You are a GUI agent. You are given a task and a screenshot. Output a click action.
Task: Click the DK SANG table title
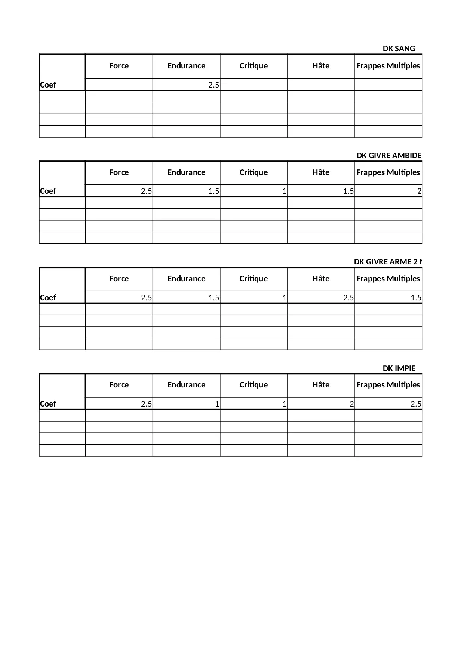click(399, 49)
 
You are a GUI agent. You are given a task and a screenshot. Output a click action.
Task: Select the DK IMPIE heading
click(399, 368)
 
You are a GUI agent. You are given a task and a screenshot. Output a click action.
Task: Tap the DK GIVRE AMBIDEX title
click(389, 156)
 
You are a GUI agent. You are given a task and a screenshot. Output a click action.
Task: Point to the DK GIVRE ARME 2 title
click(388, 262)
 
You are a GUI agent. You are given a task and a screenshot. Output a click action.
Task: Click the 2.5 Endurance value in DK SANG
click(213, 85)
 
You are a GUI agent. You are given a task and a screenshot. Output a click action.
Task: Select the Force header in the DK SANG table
click(119, 66)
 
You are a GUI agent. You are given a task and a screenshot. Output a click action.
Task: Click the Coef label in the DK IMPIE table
click(48, 404)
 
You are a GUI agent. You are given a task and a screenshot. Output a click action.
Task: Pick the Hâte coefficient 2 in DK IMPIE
click(351, 404)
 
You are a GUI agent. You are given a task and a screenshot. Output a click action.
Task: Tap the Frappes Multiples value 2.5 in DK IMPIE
click(416, 404)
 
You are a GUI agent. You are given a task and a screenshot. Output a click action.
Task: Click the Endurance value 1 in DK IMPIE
click(217, 404)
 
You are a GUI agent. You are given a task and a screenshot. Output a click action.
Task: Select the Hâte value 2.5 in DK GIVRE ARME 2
click(348, 298)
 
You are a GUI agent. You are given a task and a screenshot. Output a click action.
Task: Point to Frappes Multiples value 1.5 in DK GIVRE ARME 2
click(416, 298)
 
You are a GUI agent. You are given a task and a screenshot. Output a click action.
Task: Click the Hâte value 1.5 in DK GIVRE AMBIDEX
click(348, 191)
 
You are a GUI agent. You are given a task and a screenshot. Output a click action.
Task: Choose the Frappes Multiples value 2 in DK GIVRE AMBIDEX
click(419, 191)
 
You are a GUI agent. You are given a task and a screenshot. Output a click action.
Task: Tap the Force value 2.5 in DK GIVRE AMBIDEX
click(146, 191)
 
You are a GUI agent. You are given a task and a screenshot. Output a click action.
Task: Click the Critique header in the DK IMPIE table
click(253, 385)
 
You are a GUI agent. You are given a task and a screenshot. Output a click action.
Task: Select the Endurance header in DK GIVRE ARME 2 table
click(186, 279)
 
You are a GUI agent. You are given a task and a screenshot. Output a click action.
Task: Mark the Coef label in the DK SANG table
click(48, 85)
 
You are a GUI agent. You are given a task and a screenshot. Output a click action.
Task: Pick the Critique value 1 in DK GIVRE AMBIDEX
click(284, 191)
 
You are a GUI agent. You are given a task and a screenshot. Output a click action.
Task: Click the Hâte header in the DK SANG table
click(321, 66)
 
